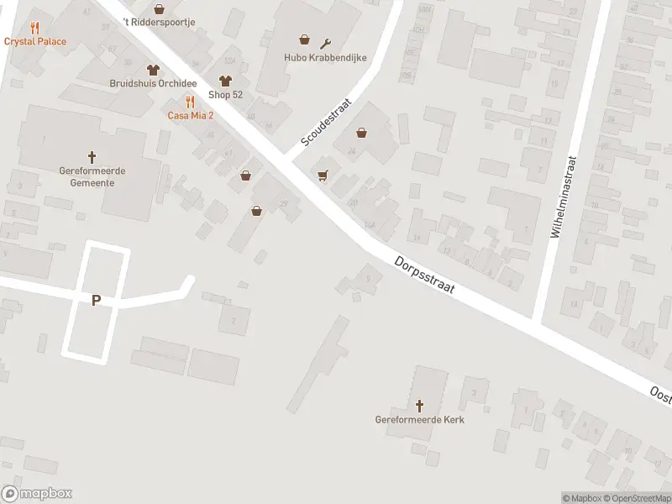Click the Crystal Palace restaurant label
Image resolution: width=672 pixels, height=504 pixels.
[x=35, y=41]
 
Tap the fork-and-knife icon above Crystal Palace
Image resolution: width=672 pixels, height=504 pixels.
[x=34, y=28]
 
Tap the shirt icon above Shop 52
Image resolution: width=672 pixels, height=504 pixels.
[x=225, y=81]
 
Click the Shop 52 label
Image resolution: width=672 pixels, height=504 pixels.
[x=225, y=94]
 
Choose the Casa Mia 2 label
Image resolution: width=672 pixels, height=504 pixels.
[x=190, y=115]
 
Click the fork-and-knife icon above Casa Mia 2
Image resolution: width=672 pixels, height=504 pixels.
[x=191, y=102]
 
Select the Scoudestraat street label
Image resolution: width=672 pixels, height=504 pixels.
[x=326, y=126]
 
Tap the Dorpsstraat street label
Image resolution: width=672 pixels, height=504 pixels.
[x=425, y=275]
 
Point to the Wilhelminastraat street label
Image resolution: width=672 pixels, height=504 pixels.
[x=563, y=197]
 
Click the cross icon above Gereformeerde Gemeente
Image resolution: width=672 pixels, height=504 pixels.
[x=92, y=156]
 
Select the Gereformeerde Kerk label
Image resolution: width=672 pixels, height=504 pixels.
[x=419, y=419]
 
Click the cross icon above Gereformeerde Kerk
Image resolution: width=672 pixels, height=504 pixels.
[x=419, y=405]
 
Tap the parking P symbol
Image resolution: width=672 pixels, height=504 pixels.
[x=96, y=300]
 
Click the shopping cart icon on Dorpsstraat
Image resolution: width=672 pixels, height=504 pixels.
[x=323, y=175]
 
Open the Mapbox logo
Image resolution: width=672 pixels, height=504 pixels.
[x=37, y=494]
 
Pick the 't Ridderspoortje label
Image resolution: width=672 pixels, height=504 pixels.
[x=159, y=20]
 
